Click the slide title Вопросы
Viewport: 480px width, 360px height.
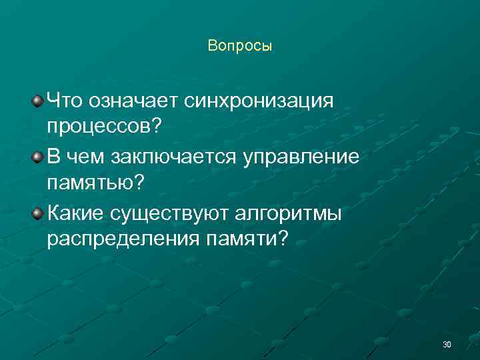[x=240, y=46]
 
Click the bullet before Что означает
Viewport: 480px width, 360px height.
[x=38, y=101]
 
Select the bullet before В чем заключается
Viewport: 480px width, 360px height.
[x=38, y=157]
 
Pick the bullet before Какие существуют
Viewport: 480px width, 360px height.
[x=38, y=213]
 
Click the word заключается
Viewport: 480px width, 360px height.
[x=172, y=157]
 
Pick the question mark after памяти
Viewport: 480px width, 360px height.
[x=285, y=237]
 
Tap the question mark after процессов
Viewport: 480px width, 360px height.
[x=157, y=125]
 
